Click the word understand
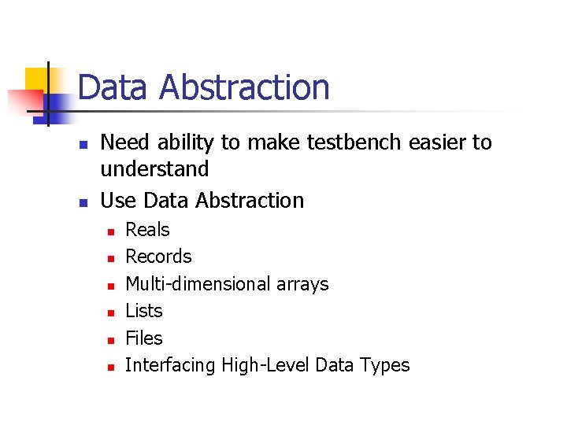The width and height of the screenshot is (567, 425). pyautogui.click(x=154, y=169)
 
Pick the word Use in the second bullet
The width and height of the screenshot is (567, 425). pyautogui.click(x=117, y=201)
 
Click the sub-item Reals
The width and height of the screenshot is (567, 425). pyautogui.click(x=147, y=230)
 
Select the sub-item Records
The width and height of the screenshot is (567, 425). pyautogui.click(x=158, y=257)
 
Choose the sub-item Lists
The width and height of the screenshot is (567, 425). pyautogui.click(x=144, y=311)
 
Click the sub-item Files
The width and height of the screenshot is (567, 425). pyautogui.click(x=144, y=338)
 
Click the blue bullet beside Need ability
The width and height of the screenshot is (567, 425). pyautogui.click(x=81, y=144)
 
